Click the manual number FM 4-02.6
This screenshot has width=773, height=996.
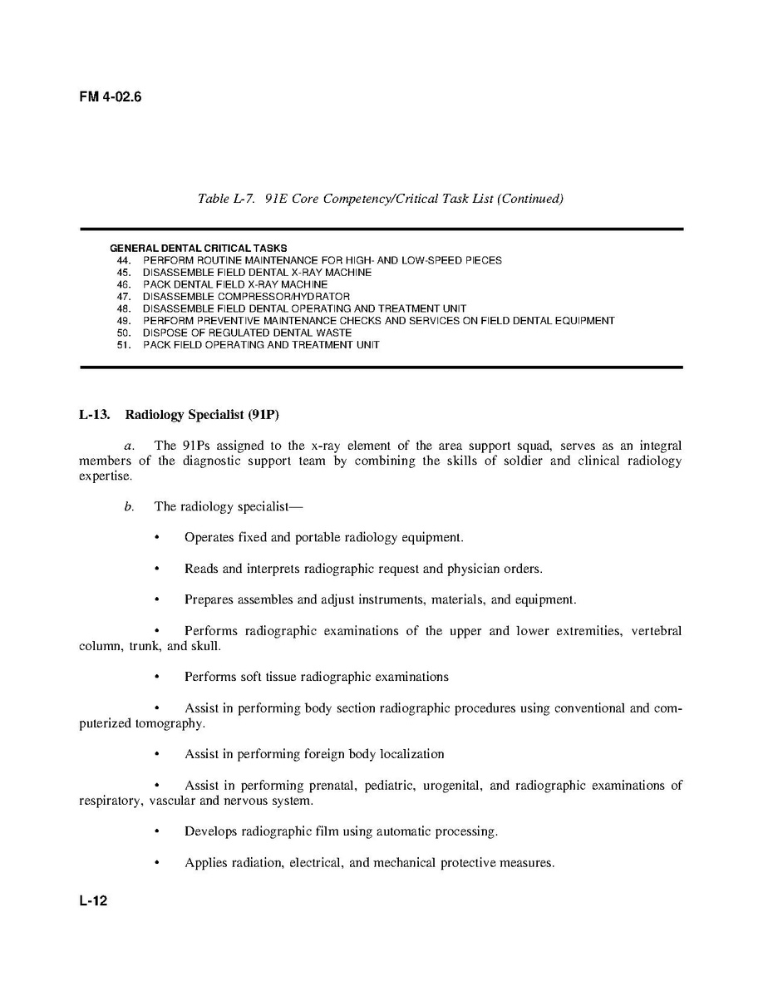pyautogui.click(x=111, y=97)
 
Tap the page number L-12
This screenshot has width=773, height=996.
pyautogui.click(x=94, y=901)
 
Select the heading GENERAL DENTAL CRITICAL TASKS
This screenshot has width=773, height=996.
pyautogui.click(x=199, y=248)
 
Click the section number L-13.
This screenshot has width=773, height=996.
pyautogui.click(x=95, y=414)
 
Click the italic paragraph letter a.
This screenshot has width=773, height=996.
pyautogui.click(x=129, y=446)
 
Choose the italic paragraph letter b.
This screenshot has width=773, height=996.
pyautogui.click(x=129, y=506)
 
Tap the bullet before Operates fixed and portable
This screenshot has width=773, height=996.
pyautogui.click(x=156, y=538)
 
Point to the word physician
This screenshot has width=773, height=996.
pyautogui.click(x=474, y=569)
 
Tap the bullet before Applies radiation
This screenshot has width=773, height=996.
pyautogui.click(x=156, y=863)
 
